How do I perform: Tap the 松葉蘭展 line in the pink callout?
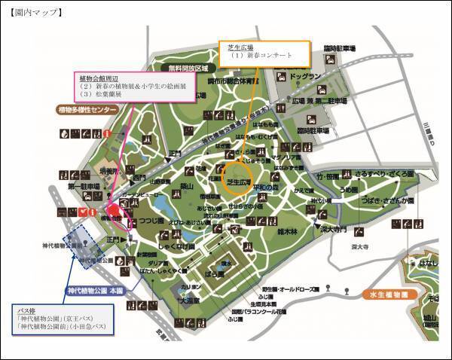pos(105,95)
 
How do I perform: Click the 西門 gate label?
pos(139,178)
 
